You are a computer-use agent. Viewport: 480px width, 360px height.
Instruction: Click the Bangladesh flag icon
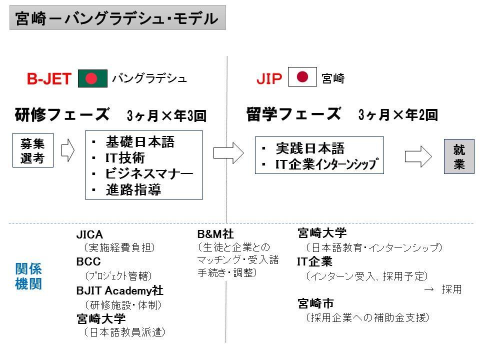(x=92, y=78)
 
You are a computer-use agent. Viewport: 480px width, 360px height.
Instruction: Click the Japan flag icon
(x=302, y=76)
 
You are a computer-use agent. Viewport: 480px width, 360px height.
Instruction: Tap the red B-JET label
(x=49, y=78)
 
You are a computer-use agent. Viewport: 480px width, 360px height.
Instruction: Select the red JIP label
(x=269, y=78)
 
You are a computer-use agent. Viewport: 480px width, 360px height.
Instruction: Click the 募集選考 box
(x=33, y=150)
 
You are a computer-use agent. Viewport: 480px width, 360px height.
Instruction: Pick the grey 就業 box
(x=459, y=156)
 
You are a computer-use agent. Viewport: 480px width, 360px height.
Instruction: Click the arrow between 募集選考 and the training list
(x=68, y=150)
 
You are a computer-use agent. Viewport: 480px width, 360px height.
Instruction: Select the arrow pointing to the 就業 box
(x=418, y=156)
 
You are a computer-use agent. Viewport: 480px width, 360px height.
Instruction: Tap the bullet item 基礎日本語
(x=140, y=142)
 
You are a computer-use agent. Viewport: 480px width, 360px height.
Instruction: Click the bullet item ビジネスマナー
(x=149, y=173)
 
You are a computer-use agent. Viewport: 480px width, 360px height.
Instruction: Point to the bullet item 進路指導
(x=133, y=189)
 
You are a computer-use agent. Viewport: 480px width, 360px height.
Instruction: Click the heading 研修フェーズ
(x=62, y=114)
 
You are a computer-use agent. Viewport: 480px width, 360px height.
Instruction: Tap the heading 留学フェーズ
(x=293, y=114)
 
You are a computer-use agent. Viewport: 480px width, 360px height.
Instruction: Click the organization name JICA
(x=89, y=234)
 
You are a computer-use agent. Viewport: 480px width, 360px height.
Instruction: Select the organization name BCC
(x=88, y=261)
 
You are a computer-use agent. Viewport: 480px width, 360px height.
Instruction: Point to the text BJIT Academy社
(x=119, y=290)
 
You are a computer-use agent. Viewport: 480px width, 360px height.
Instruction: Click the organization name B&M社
(x=215, y=234)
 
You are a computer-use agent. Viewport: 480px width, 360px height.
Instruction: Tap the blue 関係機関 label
(x=28, y=276)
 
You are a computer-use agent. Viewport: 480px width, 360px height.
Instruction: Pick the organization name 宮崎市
(x=315, y=303)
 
